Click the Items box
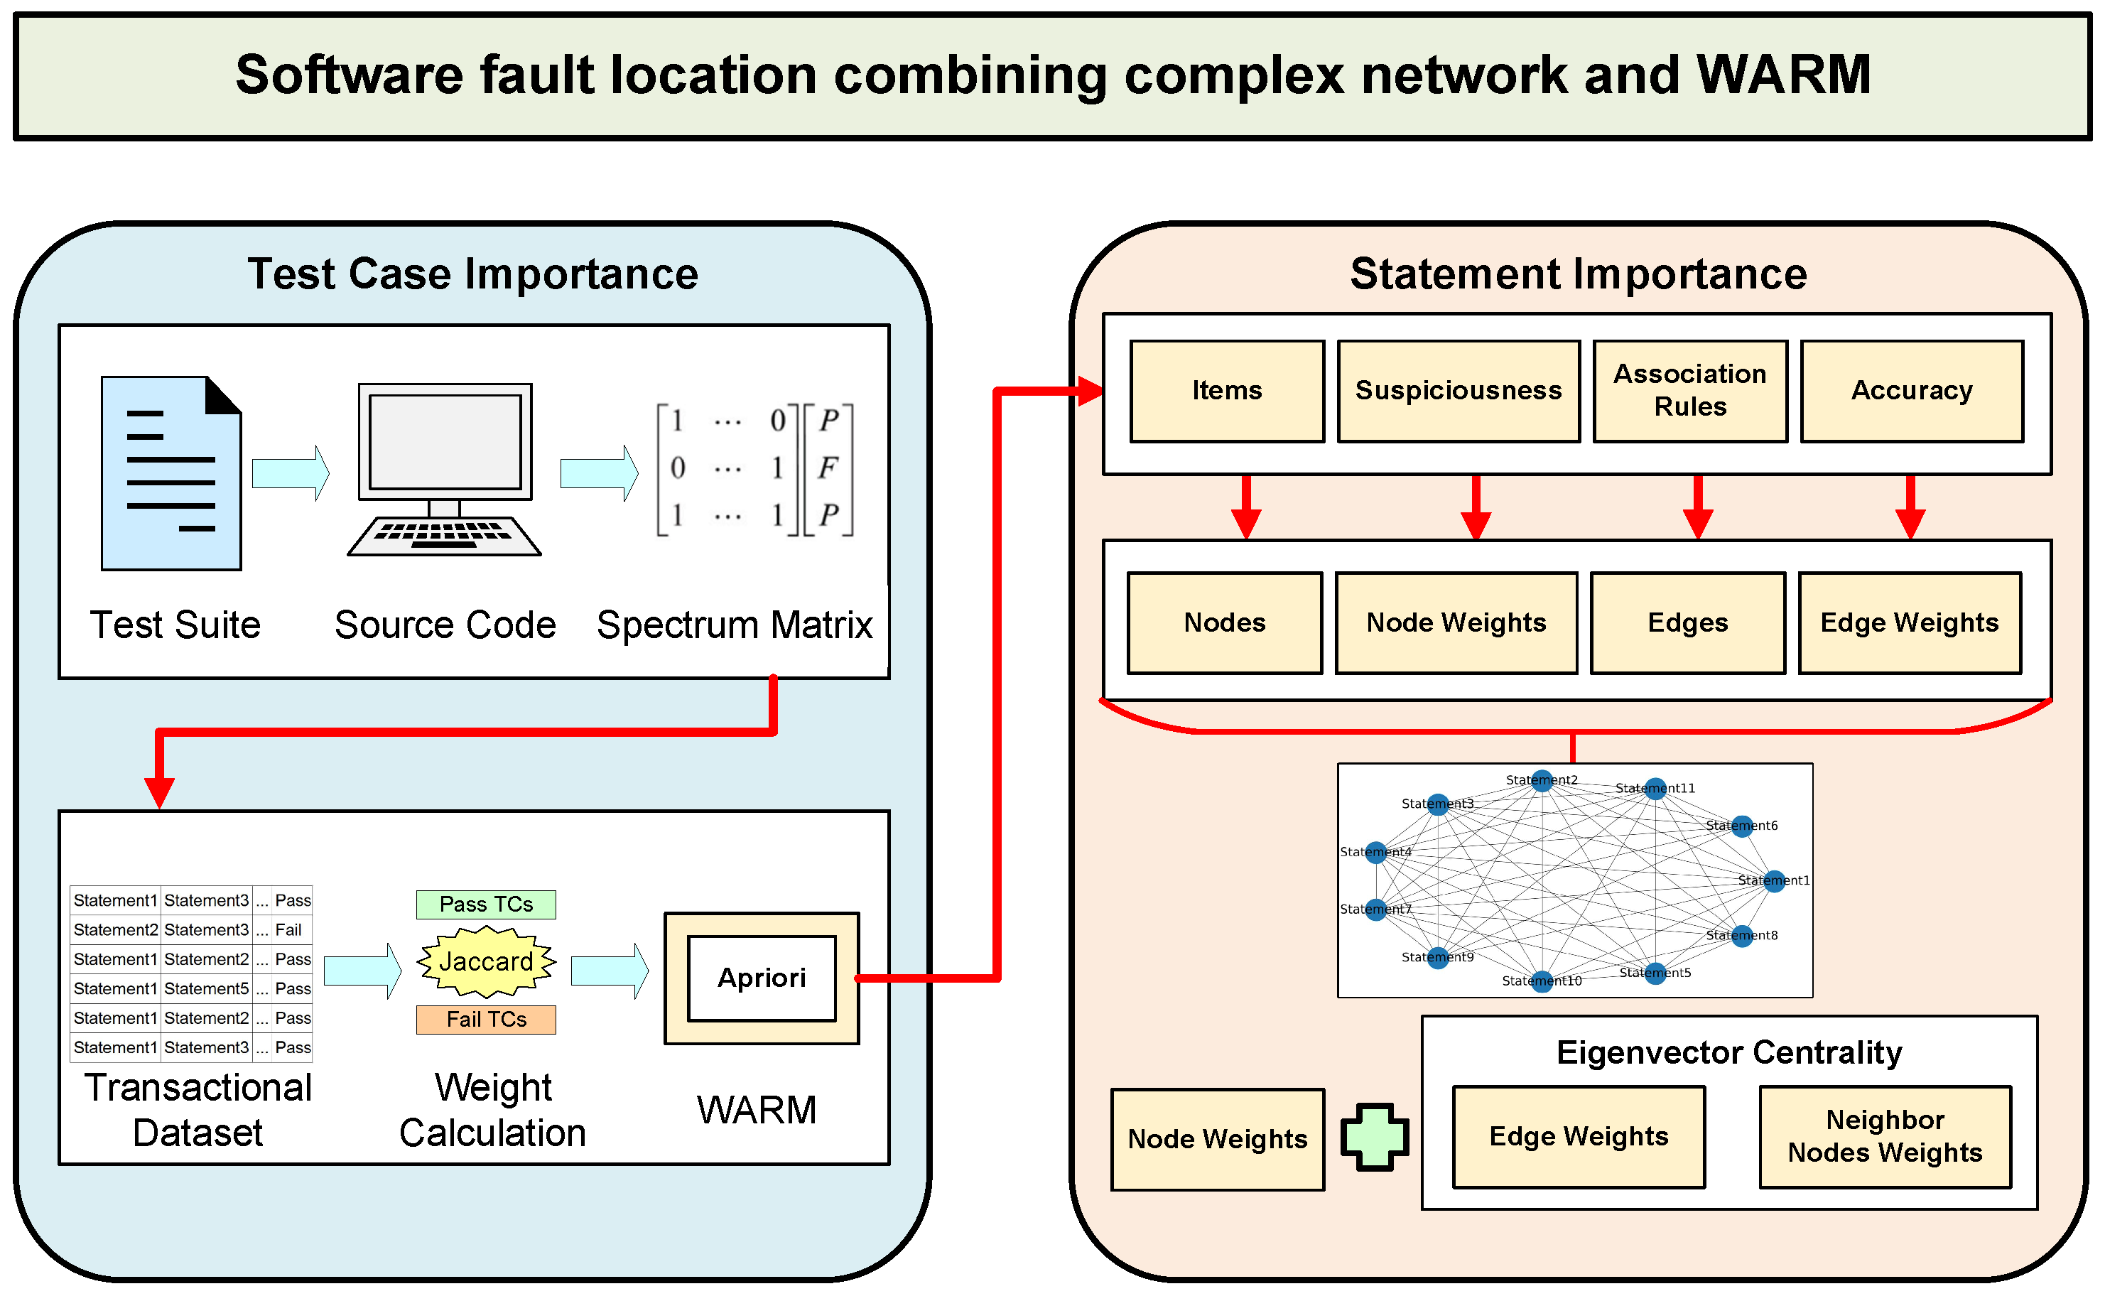tap(1227, 391)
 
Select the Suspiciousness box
tap(1458, 391)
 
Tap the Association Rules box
tap(1689, 391)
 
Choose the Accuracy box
tap(1912, 391)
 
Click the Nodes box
tap(1224, 622)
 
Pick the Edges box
tap(1687, 622)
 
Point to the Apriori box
tap(762, 978)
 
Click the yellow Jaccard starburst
tap(486, 961)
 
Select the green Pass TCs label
tap(486, 905)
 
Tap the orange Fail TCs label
tap(486, 1020)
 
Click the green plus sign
tap(1375, 1137)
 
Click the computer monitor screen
tap(445, 441)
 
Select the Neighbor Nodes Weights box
tap(1885, 1137)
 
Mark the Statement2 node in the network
tap(1542, 780)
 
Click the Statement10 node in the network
tap(1542, 981)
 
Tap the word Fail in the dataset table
tap(288, 930)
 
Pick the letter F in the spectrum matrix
tap(828, 468)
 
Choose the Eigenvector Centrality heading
tap(1729, 1052)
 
